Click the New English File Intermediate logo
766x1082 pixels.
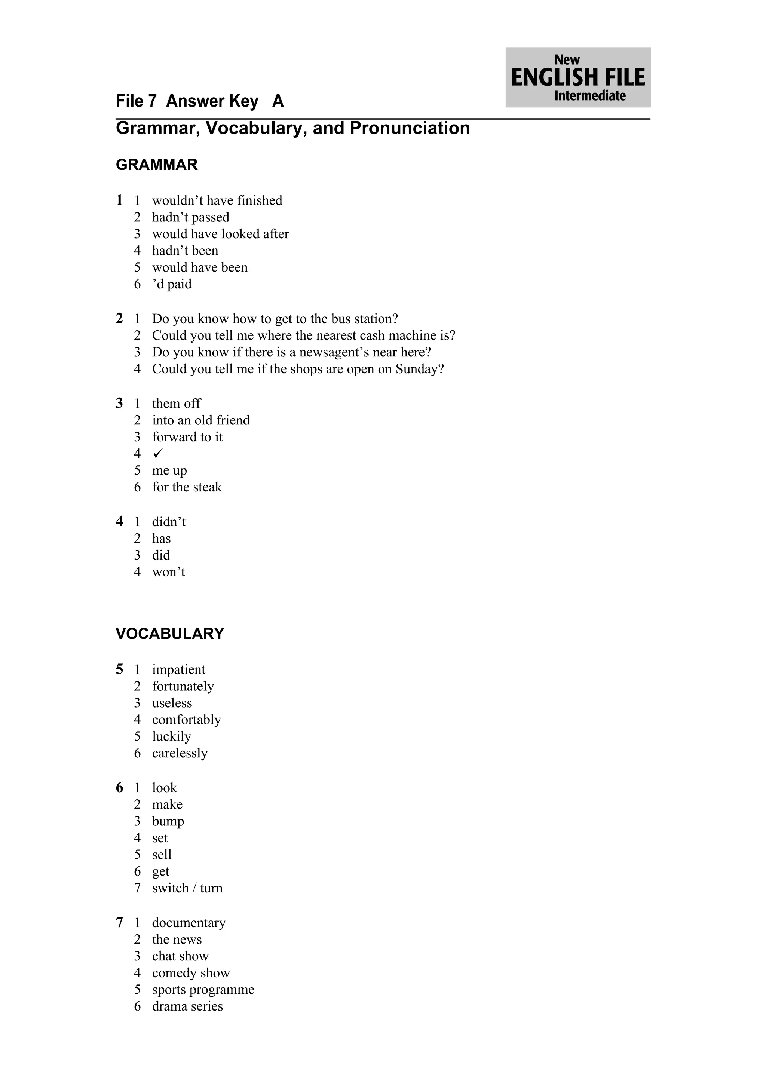pos(578,77)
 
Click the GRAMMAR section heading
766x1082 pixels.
pos(157,165)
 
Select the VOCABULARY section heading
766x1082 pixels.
pos(170,634)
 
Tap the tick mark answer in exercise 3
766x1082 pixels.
pos(157,453)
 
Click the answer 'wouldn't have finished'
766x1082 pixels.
pos(217,200)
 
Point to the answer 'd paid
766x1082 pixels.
pos(172,284)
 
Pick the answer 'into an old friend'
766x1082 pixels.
pos(201,420)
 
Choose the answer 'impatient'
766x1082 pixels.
pos(179,669)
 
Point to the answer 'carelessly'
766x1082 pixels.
pos(180,753)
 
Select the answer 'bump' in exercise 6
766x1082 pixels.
pos(168,821)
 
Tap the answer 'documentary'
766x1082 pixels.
pos(189,923)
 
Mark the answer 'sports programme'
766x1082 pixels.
pos(203,989)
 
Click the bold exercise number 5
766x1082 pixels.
pos(119,669)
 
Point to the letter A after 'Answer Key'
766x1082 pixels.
pos(278,101)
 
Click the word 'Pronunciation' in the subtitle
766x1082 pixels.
pos(410,128)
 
